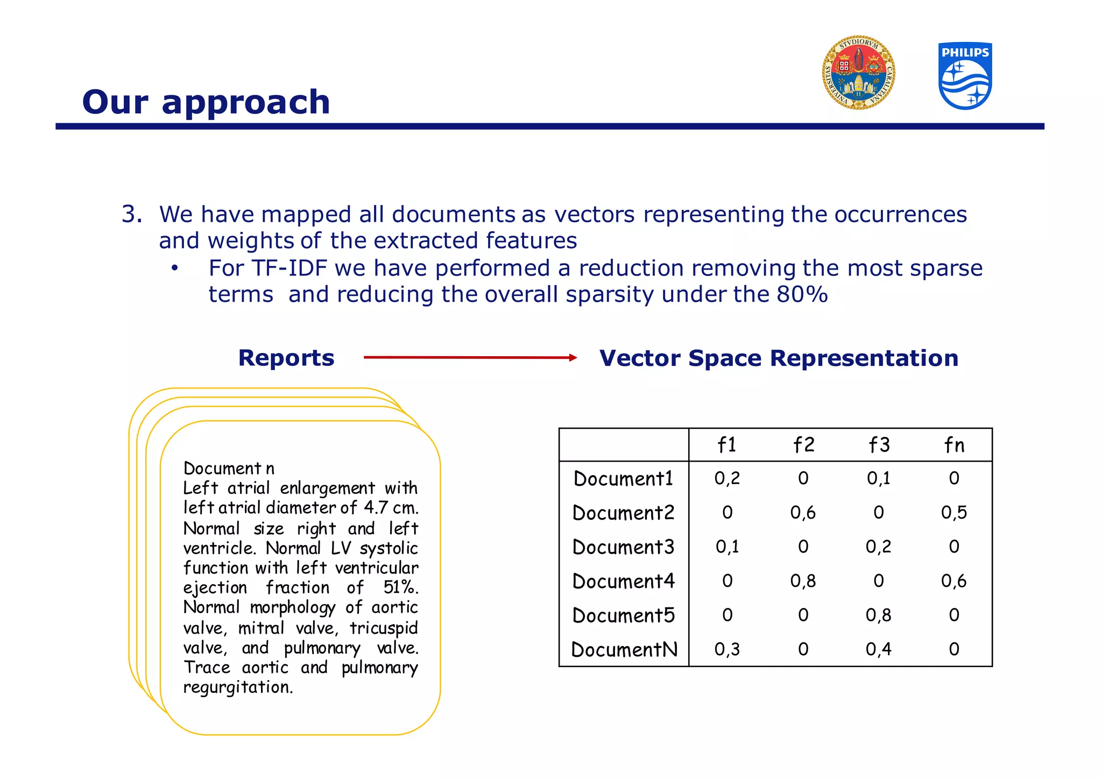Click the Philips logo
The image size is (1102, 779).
point(965,76)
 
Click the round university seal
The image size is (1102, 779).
point(858,73)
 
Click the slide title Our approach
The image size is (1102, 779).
point(206,102)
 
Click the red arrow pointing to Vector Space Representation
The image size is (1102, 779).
point(470,357)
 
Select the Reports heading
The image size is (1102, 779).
point(286,358)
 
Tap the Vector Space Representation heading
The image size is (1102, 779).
point(779,358)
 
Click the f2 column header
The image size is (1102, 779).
point(803,445)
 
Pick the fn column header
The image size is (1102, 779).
point(954,445)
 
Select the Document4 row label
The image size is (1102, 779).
point(623,581)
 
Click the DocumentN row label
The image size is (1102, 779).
point(624,649)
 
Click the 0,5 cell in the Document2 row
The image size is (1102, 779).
point(954,512)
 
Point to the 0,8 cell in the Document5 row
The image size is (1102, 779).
point(878,615)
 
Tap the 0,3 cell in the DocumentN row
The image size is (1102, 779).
point(727,649)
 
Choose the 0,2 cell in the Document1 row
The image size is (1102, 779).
point(727,478)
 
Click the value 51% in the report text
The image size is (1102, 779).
point(400,587)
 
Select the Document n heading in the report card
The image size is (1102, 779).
point(229,468)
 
